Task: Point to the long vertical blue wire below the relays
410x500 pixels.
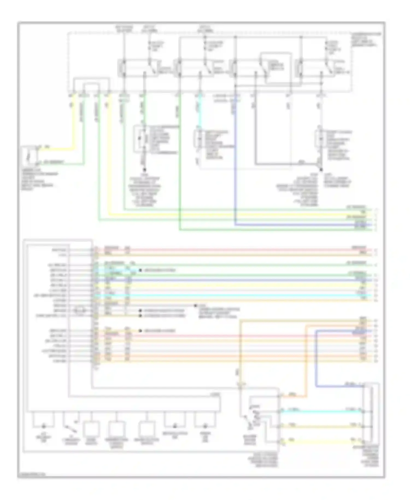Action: tap(235, 164)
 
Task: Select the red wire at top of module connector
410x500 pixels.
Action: tap(219, 250)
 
